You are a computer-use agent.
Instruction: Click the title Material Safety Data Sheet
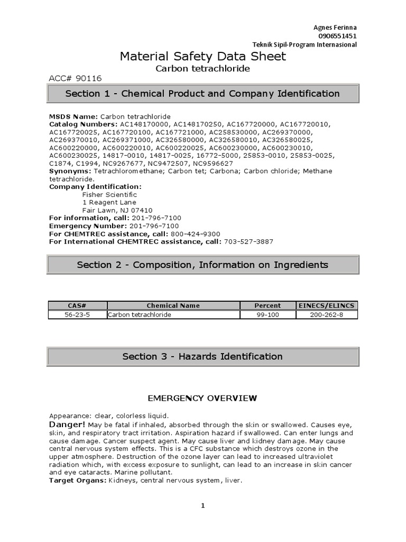click(x=203, y=57)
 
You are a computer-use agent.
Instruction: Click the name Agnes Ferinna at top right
click(x=336, y=28)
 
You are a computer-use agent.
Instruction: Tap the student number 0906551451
click(x=337, y=36)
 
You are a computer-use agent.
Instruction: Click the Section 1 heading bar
click(x=202, y=94)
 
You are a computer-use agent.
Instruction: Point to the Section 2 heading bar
click(x=202, y=265)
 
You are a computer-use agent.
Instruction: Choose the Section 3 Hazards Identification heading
click(x=202, y=356)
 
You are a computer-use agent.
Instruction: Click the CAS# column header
click(x=77, y=305)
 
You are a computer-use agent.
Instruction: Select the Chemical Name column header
click(x=173, y=305)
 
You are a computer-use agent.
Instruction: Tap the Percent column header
click(x=267, y=305)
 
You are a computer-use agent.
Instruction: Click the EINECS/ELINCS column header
click(x=327, y=305)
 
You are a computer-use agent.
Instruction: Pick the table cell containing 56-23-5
click(x=77, y=314)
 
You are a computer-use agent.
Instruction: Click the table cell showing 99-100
click(x=267, y=314)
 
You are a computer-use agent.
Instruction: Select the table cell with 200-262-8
click(x=327, y=314)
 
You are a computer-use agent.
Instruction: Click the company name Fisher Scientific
click(x=109, y=194)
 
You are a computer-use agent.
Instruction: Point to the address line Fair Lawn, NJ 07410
click(x=117, y=210)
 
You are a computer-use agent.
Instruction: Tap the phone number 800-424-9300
click(x=196, y=234)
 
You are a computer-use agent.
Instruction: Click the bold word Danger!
click(x=67, y=424)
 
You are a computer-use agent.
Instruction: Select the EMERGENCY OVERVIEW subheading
click(x=202, y=398)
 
